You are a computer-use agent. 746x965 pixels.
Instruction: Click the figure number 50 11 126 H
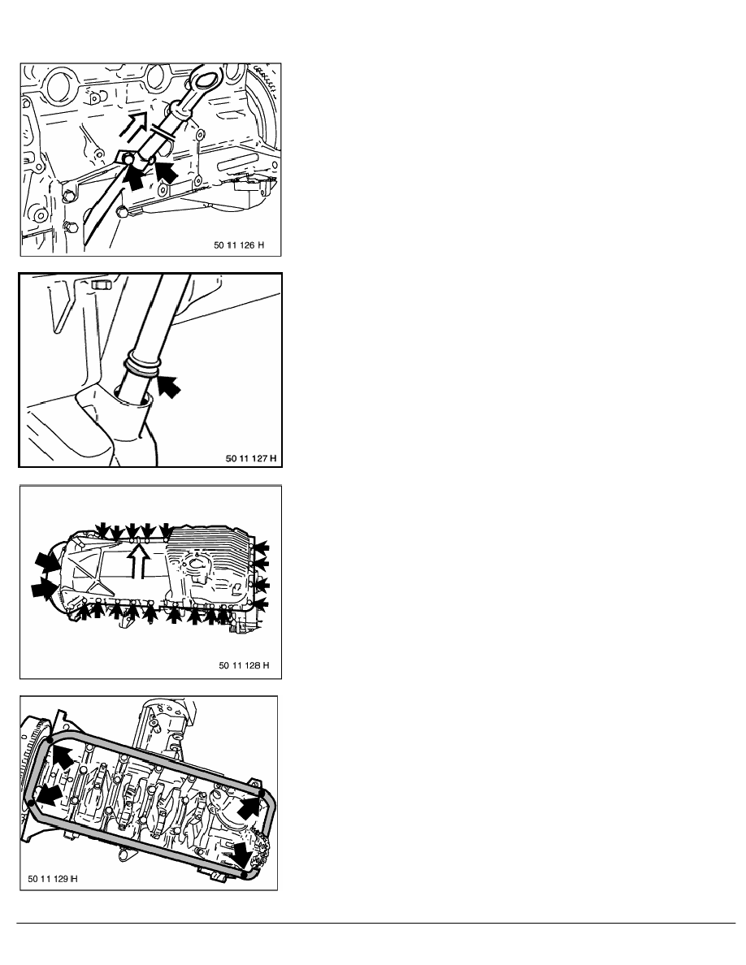(x=239, y=245)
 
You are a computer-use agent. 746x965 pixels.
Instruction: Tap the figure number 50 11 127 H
(x=251, y=458)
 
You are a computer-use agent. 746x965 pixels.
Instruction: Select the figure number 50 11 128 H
(x=245, y=665)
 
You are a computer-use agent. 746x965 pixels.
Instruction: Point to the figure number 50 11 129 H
(x=53, y=878)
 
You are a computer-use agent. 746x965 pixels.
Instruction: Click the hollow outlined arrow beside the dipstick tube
(x=137, y=123)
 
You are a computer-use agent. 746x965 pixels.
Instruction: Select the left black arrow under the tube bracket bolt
(x=134, y=176)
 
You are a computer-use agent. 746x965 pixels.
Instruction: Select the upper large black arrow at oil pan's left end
(x=48, y=562)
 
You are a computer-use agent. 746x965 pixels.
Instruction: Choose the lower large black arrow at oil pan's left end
(x=45, y=588)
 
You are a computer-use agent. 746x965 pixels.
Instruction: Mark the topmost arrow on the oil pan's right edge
(x=262, y=546)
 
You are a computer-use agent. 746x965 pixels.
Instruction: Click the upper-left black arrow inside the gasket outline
(x=61, y=755)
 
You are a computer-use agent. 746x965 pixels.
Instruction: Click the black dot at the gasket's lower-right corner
(x=245, y=873)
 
